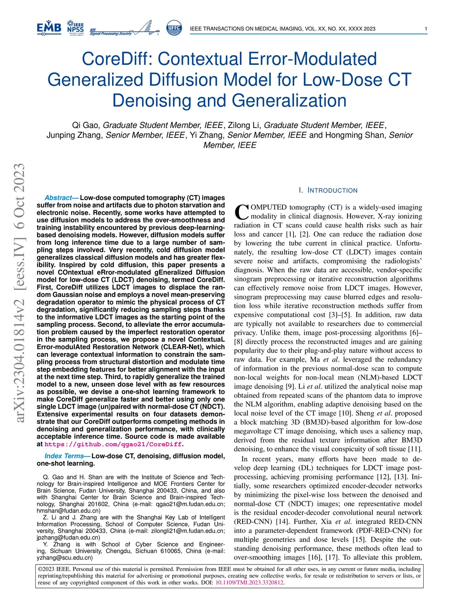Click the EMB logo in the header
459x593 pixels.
point(49,28)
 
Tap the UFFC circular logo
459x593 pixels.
point(174,28)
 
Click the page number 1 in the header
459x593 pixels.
point(425,29)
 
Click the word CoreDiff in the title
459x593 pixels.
point(117,59)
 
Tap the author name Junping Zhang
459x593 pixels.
point(75,135)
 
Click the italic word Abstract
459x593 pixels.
point(59,198)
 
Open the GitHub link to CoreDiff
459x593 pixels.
point(113,444)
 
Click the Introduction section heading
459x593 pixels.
point(328,191)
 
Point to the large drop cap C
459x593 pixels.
point(241,212)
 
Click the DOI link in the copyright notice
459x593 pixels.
point(249,583)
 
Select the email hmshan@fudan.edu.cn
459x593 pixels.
point(69,511)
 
